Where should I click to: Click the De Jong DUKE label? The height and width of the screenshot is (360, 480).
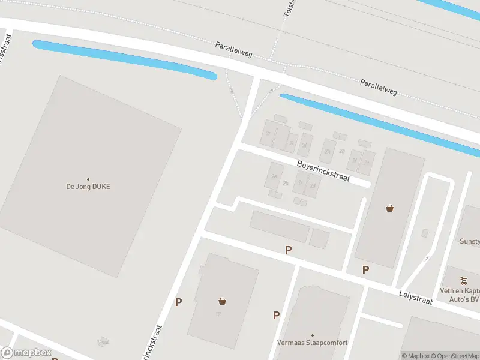click(88, 187)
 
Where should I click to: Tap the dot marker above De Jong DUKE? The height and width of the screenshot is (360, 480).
click(88, 179)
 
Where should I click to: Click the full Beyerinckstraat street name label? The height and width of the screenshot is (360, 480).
click(323, 172)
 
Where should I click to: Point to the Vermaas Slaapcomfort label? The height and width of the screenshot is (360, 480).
click(313, 343)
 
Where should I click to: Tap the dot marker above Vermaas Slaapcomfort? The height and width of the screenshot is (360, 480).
click(313, 335)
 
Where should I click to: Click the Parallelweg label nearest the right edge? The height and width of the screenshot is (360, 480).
click(379, 88)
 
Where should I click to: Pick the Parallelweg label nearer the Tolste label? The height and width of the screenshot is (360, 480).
click(234, 50)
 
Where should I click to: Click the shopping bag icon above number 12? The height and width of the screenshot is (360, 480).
click(223, 301)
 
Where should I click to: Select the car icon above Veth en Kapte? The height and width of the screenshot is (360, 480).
click(463, 280)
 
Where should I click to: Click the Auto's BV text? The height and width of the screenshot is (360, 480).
click(466, 299)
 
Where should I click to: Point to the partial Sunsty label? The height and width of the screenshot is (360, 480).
click(470, 241)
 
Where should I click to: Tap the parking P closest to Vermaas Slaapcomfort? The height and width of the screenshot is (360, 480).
click(276, 315)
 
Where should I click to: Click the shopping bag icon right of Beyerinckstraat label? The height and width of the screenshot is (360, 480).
click(390, 208)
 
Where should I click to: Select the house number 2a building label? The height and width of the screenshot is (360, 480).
click(274, 176)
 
